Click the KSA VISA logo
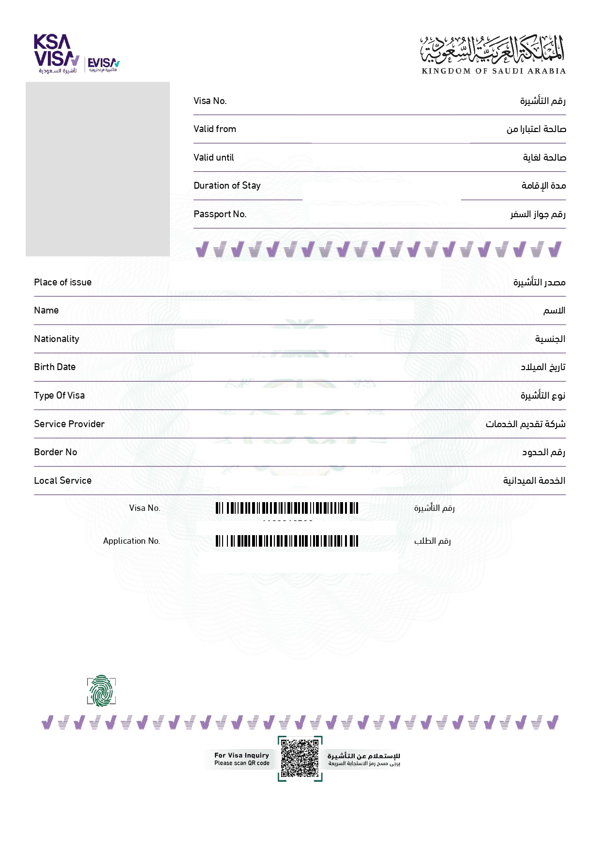56,53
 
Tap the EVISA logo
103,64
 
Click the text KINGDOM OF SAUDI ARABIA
494,71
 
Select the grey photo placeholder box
98,169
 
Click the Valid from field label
215,129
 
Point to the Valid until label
213,158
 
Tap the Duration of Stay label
227,186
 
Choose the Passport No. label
220,214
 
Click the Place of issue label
62,283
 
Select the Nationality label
57,339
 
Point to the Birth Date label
55,367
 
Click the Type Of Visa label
59,396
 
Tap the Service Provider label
69,424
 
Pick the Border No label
55,452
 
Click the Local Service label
62,481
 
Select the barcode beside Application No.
287,541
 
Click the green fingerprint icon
101,691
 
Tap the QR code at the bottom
300,759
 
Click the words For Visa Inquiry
241,755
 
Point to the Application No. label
131,541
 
